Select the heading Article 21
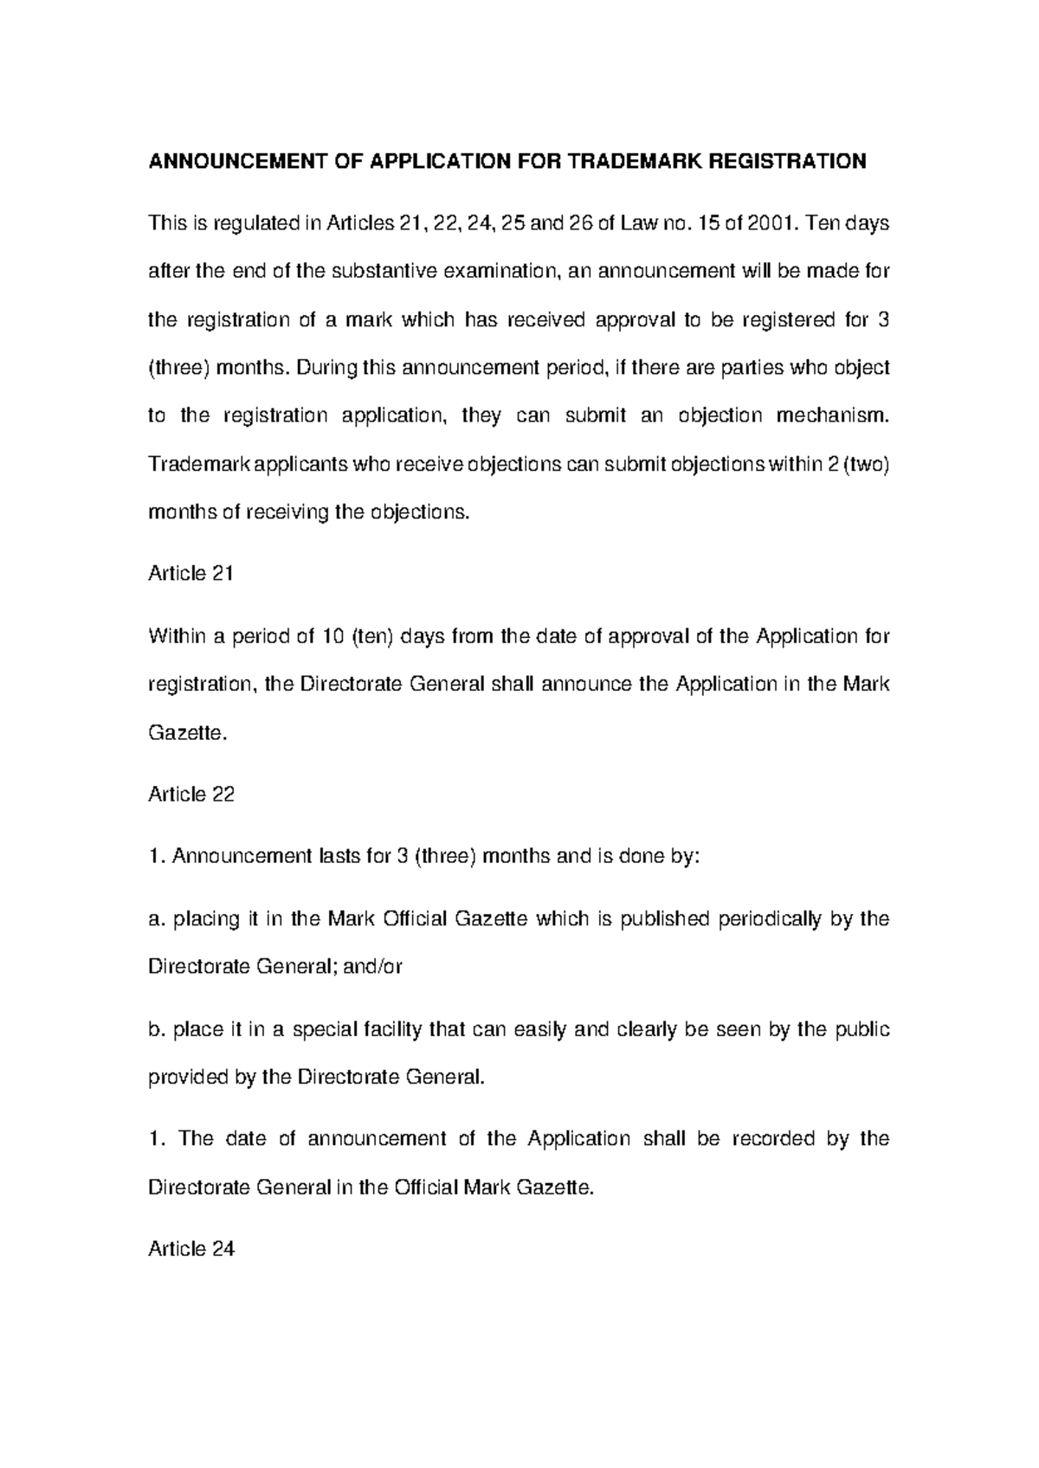tap(191, 574)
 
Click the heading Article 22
tap(191, 795)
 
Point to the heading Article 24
tap(191, 1249)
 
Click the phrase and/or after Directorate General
tap(372, 967)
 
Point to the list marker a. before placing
tap(157, 919)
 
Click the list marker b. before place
tap(157, 1030)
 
